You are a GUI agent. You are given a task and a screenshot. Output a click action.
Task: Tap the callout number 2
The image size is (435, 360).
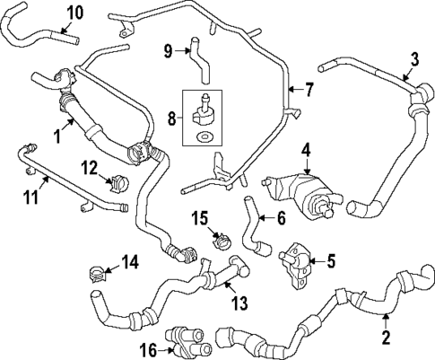pyautogui.click(x=386, y=339)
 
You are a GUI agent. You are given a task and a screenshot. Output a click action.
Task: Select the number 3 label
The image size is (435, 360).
pyautogui.click(x=414, y=60)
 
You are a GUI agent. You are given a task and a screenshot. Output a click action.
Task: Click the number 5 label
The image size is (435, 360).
pyautogui.click(x=330, y=261)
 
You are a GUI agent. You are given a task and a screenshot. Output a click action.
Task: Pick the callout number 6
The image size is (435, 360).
pyautogui.click(x=280, y=216)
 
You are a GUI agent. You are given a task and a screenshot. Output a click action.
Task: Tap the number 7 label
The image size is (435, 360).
pyautogui.click(x=309, y=90)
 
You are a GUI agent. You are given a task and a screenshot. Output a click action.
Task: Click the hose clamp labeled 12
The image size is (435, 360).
pyautogui.click(x=117, y=182)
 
